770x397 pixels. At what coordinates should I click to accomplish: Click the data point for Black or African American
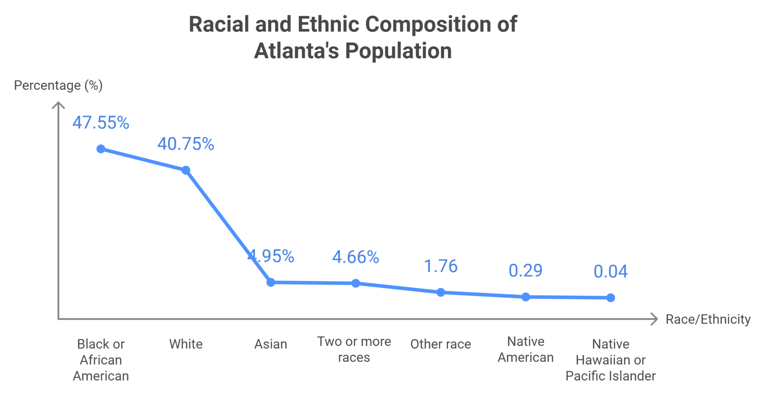(101, 149)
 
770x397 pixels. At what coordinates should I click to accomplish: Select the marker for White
(186, 170)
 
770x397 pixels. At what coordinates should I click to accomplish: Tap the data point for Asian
(271, 282)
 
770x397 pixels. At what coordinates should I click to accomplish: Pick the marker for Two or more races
(356, 283)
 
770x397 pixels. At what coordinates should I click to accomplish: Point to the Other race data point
(441, 292)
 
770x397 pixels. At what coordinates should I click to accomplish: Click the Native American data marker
(526, 297)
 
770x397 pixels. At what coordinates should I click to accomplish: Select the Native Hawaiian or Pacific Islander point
(611, 298)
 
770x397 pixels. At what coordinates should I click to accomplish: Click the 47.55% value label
(101, 123)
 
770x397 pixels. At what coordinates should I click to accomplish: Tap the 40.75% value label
(186, 144)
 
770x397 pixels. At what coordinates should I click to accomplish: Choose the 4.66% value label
(356, 257)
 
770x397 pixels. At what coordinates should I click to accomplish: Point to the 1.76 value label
(441, 266)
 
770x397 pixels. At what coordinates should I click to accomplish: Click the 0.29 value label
(526, 271)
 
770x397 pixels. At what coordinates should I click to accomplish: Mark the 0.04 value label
(611, 272)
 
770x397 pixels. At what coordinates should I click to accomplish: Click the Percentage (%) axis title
(58, 85)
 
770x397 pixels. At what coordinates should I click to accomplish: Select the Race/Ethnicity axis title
(708, 319)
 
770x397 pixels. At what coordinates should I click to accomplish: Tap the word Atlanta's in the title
(296, 51)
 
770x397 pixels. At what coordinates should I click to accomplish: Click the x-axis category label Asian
(271, 344)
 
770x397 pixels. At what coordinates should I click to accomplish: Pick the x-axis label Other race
(441, 344)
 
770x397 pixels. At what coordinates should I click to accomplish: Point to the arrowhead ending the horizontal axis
(655, 319)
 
